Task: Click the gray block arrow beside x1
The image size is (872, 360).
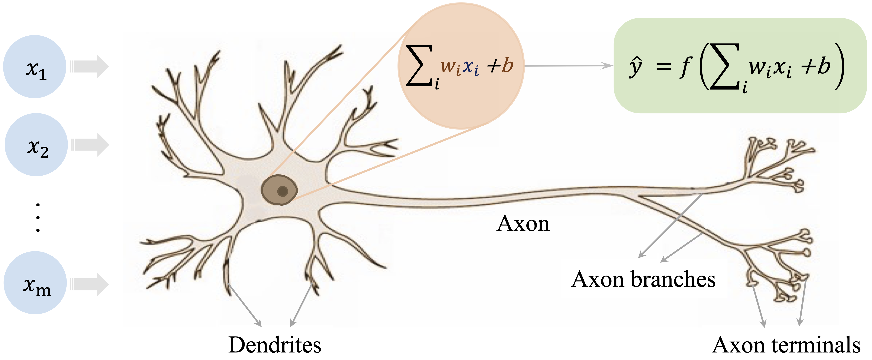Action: tap(89, 66)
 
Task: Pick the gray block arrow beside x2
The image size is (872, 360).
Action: tap(90, 145)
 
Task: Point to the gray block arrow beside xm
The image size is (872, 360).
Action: tap(89, 284)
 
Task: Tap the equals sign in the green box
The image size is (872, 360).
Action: tap(663, 67)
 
